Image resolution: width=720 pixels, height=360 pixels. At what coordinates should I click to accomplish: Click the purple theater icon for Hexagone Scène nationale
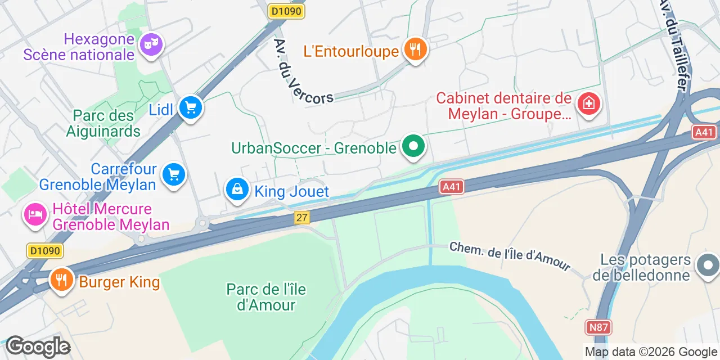[x=150, y=44]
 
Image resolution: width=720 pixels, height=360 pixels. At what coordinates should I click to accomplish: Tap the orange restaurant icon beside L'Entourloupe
[x=415, y=49]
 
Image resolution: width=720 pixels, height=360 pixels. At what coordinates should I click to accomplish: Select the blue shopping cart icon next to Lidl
[x=191, y=106]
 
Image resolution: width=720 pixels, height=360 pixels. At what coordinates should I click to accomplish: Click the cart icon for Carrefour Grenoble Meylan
[x=174, y=175]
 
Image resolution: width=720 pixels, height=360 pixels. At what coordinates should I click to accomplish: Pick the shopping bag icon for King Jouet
[x=238, y=190]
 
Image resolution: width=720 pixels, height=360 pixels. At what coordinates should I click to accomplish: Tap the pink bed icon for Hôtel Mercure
[x=35, y=214]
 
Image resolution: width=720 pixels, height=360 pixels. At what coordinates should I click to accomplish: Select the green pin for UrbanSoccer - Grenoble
[x=414, y=147]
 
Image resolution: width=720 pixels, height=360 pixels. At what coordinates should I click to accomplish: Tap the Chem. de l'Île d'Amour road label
[x=510, y=257]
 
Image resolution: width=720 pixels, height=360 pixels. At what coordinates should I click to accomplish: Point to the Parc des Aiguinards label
[x=103, y=123]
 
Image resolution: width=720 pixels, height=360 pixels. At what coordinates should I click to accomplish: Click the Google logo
[x=38, y=347]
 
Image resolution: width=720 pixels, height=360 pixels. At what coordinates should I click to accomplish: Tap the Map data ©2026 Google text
[x=651, y=352]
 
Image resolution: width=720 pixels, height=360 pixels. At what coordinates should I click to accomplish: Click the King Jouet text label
[x=291, y=191]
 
